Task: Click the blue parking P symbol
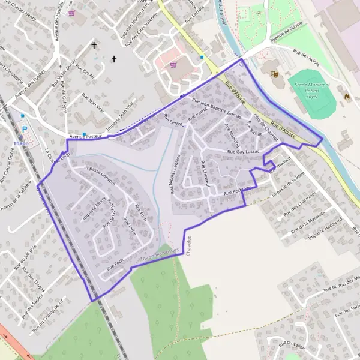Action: coord(25,129)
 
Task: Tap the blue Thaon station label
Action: coord(20,144)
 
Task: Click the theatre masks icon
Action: coord(274,74)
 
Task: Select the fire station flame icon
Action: coord(346,94)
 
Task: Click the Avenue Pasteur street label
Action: coord(83,137)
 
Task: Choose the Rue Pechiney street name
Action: coord(236,191)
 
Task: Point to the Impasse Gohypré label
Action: coord(100,171)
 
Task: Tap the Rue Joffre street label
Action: coord(130,229)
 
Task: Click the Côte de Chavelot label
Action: coord(265,127)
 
